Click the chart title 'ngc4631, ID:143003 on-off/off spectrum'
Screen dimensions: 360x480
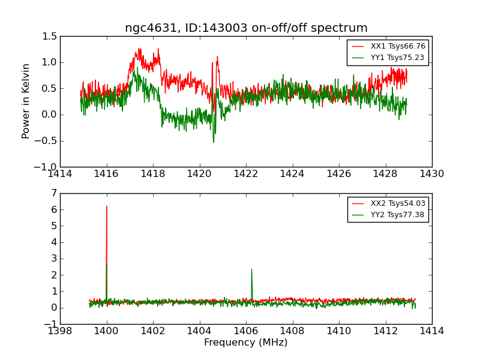pyautogui.click(x=246, y=28)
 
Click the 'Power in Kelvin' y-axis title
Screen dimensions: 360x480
pyautogui.click(x=26, y=101)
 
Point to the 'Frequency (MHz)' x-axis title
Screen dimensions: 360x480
pyautogui.click(x=245, y=343)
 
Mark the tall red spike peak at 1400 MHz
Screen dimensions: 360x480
pyautogui.click(x=107, y=206)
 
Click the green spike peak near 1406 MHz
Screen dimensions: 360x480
pyautogui.click(x=251, y=269)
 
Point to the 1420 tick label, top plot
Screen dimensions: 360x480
pyautogui.click(x=199, y=175)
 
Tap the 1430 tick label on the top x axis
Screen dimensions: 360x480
pyautogui.click(x=431, y=175)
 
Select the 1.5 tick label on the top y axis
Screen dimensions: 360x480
pyautogui.click(x=50, y=37)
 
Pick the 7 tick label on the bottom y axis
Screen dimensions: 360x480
pyautogui.click(x=54, y=193)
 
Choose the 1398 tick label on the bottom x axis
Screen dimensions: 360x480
pyautogui.click(x=60, y=332)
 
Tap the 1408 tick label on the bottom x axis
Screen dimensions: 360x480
pyautogui.click(x=292, y=332)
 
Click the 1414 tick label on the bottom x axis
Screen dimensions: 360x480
pyautogui.click(x=431, y=332)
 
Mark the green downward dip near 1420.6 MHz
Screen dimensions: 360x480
pyautogui.click(x=213, y=142)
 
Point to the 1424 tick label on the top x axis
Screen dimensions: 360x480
pyautogui.click(x=292, y=175)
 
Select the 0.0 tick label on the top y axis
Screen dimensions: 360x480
pyautogui.click(x=50, y=115)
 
